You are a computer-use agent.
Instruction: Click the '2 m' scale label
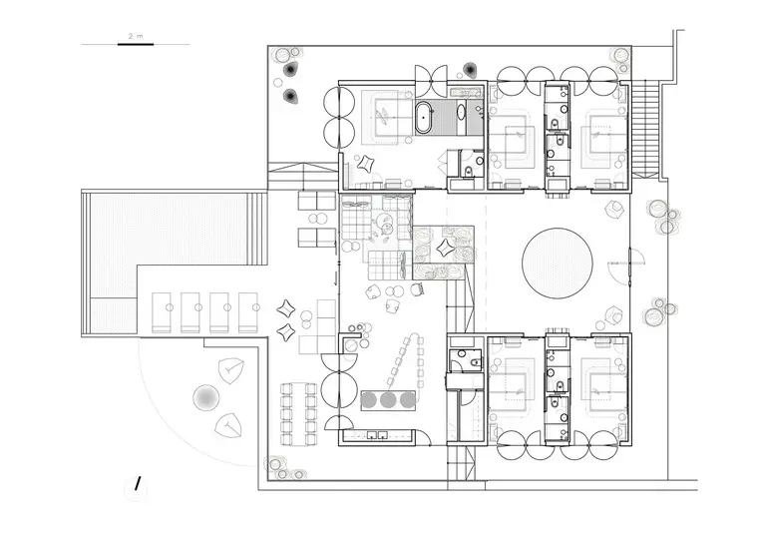136,36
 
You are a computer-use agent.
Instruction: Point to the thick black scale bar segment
136,44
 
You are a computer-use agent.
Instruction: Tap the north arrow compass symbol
137,484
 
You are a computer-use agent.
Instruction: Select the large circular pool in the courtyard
558,264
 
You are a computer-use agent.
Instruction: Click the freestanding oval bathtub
424,117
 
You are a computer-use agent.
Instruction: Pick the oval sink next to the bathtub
461,112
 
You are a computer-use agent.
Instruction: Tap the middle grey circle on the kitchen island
388,399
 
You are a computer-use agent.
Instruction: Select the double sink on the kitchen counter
377,434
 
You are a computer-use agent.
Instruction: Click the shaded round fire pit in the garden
205,397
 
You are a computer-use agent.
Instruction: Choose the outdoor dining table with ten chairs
299,414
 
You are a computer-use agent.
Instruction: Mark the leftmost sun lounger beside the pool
163,312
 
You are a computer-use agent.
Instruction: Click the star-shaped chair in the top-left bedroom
365,163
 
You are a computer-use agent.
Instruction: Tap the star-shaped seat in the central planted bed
445,249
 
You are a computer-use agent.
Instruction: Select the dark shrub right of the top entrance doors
469,70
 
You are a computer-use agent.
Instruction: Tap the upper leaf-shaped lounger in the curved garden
230,370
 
